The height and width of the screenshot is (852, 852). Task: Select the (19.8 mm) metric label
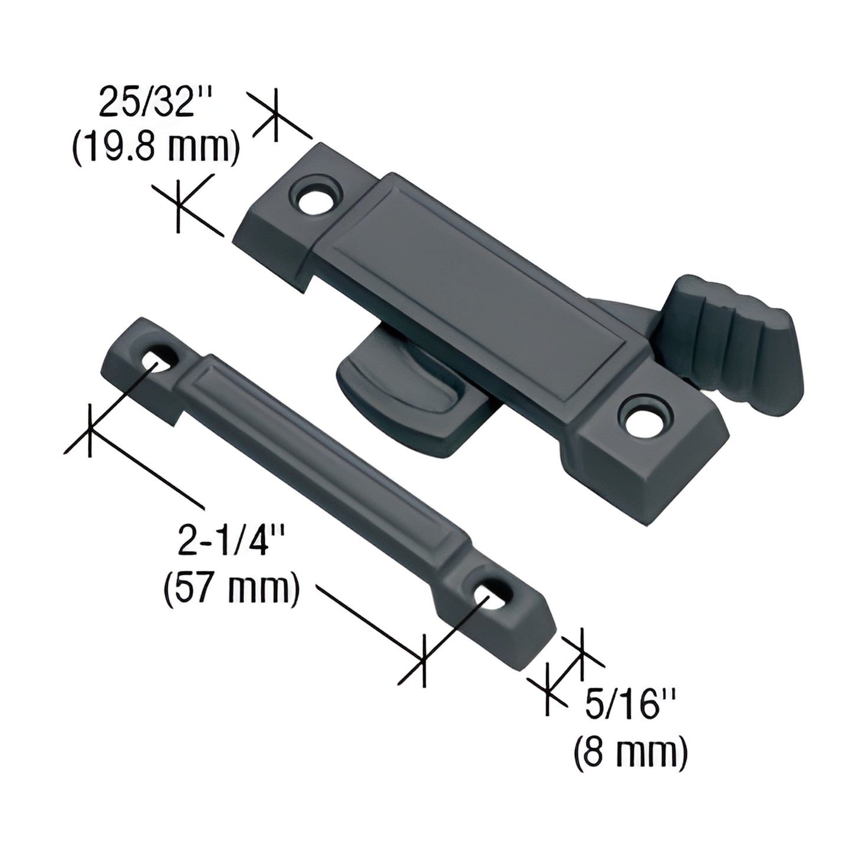point(155,147)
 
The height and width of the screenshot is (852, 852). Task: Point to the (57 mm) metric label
point(230,587)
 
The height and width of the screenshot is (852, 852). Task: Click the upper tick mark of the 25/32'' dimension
point(275,116)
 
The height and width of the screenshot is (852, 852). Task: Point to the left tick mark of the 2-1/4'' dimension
point(89,430)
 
